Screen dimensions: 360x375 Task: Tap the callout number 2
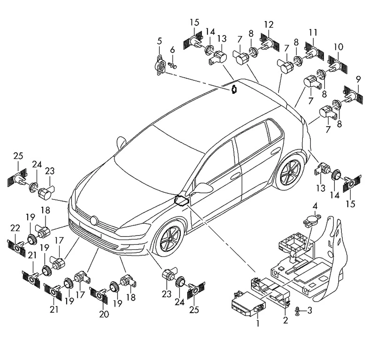[x=285, y=320]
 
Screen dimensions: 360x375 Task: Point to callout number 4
[x=315, y=206]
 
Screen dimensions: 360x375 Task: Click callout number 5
[x=160, y=41]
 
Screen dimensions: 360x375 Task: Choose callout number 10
[x=338, y=47]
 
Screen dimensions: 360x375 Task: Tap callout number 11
[x=313, y=32]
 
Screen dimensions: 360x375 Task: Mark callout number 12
[x=268, y=24]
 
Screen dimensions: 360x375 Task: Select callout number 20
[x=104, y=314]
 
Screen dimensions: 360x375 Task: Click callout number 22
[x=15, y=228]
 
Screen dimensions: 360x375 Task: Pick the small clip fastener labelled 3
[x=297, y=311]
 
